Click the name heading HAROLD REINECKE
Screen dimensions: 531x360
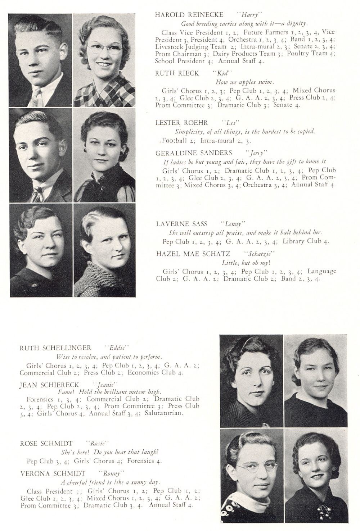tap(189, 15)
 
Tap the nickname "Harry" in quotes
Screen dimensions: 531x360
tap(249, 15)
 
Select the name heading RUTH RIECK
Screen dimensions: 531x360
tap(177, 73)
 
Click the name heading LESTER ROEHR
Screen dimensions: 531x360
tap(181, 123)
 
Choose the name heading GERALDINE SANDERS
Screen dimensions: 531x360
tap(194, 153)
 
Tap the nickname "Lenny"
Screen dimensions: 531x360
tap(233, 224)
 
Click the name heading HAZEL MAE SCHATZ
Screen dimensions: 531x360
tap(193, 254)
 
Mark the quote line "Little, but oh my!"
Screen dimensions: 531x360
tap(246, 263)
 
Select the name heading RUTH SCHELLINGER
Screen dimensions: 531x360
tap(55, 348)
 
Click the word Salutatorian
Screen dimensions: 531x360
tap(164, 413)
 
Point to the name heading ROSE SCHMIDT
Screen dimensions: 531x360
tap(46, 444)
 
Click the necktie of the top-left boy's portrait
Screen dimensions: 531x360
tap(36, 96)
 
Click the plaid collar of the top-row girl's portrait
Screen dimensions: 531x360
tap(108, 90)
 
